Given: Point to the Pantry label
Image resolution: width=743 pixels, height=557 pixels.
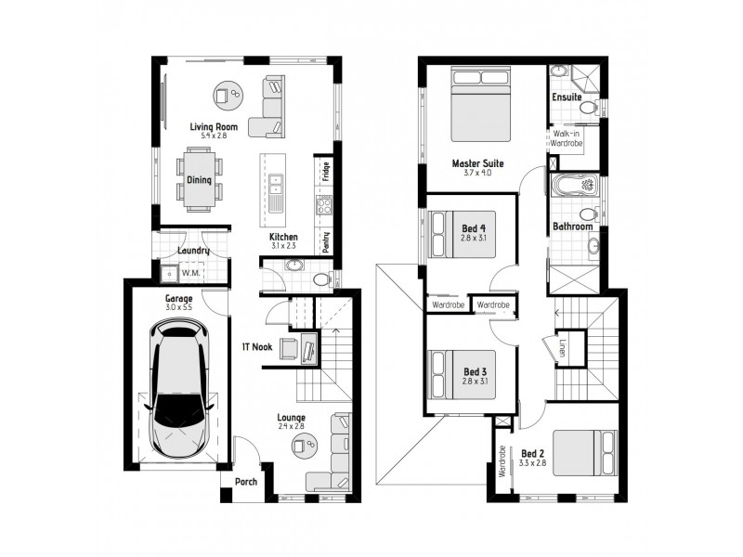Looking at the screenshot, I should [x=326, y=240].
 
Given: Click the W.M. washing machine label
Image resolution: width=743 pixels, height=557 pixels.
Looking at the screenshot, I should [x=190, y=273].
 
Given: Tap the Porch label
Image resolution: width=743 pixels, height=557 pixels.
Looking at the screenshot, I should [x=245, y=481].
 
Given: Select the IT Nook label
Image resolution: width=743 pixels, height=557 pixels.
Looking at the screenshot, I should [x=256, y=347].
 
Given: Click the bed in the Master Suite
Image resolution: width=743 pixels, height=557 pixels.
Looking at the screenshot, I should [x=480, y=103].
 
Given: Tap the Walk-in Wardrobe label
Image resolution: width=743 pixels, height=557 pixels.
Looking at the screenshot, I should [x=566, y=139].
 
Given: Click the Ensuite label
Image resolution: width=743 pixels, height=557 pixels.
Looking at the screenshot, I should [x=567, y=97].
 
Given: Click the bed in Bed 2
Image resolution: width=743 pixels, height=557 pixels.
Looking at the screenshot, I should [x=584, y=453].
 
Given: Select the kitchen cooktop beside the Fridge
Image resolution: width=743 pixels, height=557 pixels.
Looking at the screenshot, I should [x=325, y=205].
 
